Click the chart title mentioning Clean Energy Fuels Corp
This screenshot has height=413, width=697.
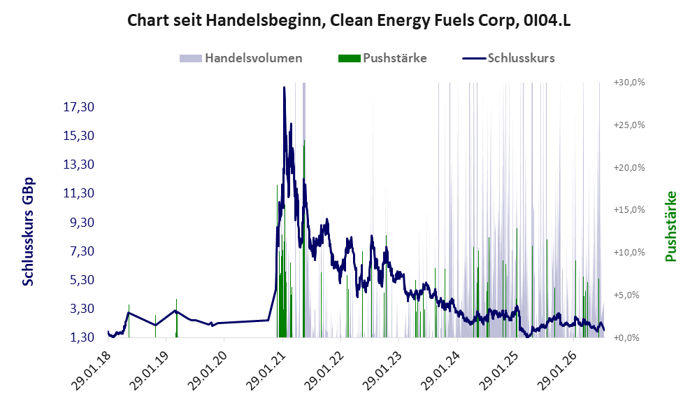click(x=349, y=20)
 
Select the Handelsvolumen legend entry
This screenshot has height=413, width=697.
click(x=241, y=58)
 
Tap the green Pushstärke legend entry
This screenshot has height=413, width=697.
click(x=382, y=58)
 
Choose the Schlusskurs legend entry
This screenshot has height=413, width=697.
click(x=508, y=58)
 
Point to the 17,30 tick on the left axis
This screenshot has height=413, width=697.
click(x=79, y=107)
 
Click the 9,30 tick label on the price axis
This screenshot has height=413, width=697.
click(x=82, y=222)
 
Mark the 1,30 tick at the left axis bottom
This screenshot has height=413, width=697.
click(x=82, y=337)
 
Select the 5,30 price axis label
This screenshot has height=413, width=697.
click(x=82, y=280)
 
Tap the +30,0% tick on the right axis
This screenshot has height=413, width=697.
click(x=629, y=83)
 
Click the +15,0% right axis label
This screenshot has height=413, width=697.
click(x=629, y=209)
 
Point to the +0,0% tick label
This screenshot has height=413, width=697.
click(x=626, y=338)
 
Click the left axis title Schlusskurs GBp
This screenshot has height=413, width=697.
click(x=28, y=232)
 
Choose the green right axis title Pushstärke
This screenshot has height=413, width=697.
click(x=670, y=227)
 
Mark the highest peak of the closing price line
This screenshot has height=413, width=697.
click(x=284, y=87)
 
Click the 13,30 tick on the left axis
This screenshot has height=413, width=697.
click(x=79, y=164)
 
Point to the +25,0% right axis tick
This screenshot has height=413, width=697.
click(x=629, y=125)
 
